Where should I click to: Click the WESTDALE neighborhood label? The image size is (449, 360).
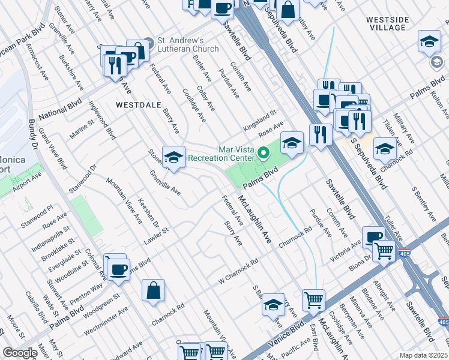[x=139, y=104]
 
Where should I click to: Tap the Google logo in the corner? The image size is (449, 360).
[x=20, y=353]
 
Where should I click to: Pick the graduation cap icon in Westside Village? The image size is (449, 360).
[x=429, y=41]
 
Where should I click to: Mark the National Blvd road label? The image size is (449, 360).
[x=59, y=110]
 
